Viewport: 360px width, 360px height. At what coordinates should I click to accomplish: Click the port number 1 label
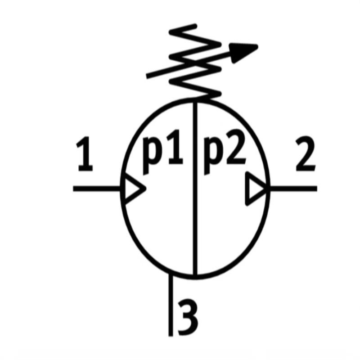click(x=85, y=156)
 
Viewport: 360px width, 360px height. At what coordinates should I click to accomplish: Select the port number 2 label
click(x=305, y=156)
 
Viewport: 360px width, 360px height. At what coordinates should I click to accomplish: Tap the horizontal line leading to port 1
click(x=97, y=188)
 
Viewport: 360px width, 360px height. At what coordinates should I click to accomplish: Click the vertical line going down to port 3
click(x=171, y=306)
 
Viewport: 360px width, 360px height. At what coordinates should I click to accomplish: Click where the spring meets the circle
click(x=195, y=100)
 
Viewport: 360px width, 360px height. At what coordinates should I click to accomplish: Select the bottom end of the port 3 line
click(x=171, y=335)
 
